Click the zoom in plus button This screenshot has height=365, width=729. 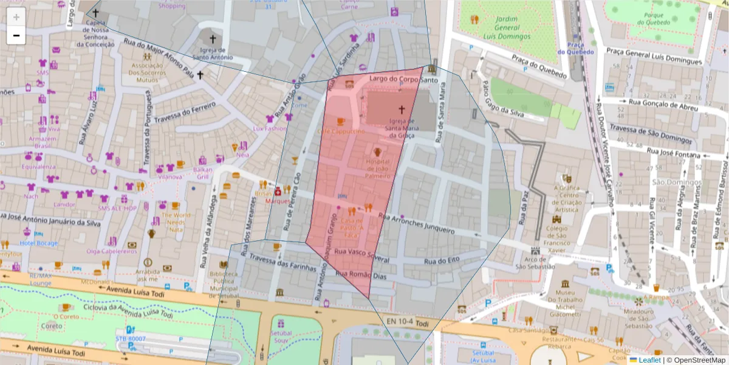click(x=16, y=17)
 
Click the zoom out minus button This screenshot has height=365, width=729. click(x=16, y=35)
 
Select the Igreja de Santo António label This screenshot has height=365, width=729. click(x=213, y=54)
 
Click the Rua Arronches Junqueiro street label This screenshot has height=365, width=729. click(x=416, y=224)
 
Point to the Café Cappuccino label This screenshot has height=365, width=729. click(x=340, y=131)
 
